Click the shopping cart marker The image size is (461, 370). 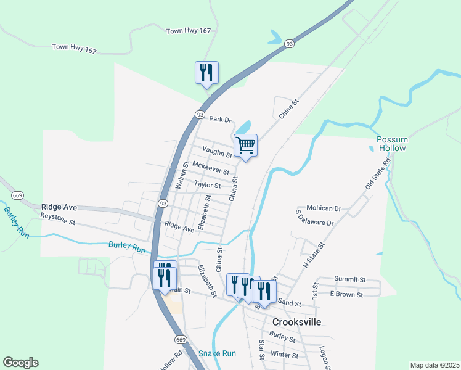coord(245,146)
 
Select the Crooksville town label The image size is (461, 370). coord(296,322)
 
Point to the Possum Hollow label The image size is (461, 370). coord(391,144)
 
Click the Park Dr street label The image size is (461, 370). coord(219,119)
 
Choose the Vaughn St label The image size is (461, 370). coord(217,152)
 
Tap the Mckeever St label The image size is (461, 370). coord(211,168)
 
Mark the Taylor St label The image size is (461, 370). coord(207,184)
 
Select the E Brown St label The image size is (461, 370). coord(346,295)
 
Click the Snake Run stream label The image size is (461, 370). coord(217,353)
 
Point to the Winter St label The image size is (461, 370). coord(284,355)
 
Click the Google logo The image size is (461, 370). coord(20,363)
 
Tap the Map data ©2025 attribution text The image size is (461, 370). coord(434,365)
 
